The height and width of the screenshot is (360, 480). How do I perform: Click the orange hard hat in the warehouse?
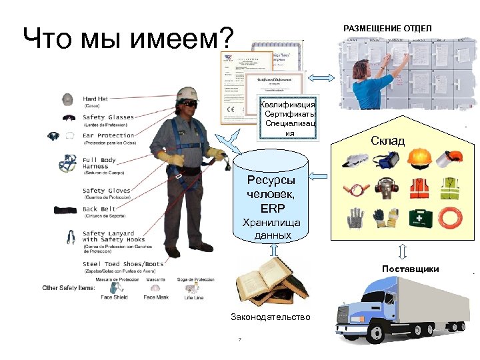[419, 157]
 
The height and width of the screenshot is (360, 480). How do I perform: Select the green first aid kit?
[419, 217]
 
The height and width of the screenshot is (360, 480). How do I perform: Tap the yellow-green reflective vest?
[453, 189]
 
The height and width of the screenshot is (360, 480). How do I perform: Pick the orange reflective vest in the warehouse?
[419, 189]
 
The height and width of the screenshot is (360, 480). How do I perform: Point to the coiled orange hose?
[453, 217]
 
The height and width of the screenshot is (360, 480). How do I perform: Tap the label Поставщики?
[410, 269]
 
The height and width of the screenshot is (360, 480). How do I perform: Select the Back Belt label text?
[100, 209]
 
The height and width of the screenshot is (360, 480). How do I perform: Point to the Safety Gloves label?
[107, 191]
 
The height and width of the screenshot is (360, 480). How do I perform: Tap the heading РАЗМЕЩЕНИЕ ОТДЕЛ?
[387, 28]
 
